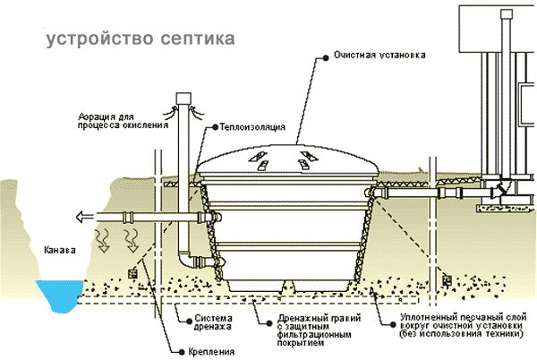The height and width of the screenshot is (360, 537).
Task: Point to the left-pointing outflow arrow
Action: point(82,216)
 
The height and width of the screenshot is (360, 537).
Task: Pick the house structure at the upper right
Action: point(501,99)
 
